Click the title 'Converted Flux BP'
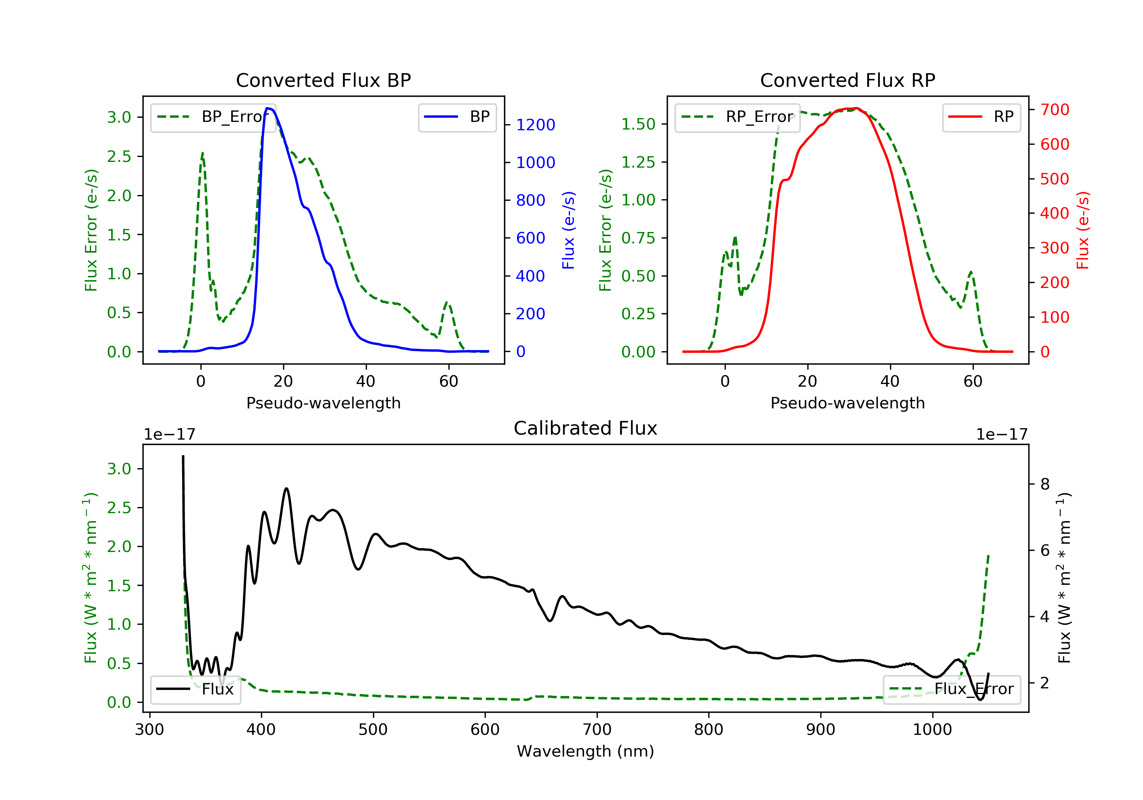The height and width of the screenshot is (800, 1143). pyautogui.click(x=323, y=80)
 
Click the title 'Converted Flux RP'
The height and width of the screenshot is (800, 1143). pyautogui.click(x=847, y=80)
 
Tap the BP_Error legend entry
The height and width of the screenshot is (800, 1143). pyautogui.click(x=213, y=117)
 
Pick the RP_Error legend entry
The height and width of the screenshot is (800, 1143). pyautogui.click(x=737, y=117)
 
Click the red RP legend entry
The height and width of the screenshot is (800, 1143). pyautogui.click(x=981, y=117)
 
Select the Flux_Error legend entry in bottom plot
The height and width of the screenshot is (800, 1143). pyautogui.click(x=951, y=689)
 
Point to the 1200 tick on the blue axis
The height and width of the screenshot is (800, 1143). pyautogui.click(x=535, y=125)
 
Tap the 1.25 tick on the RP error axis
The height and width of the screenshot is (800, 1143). pyautogui.click(x=638, y=162)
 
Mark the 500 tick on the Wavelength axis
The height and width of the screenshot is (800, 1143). pyautogui.click(x=373, y=730)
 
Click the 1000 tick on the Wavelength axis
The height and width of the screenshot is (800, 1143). pyautogui.click(x=932, y=730)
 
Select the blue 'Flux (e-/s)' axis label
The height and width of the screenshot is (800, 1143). pyautogui.click(x=568, y=230)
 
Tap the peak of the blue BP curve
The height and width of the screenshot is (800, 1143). pyautogui.click(x=268, y=108)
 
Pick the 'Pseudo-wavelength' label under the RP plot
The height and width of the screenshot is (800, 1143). pyautogui.click(x=847, y=403)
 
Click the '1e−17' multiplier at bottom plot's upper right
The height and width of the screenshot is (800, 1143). pyautogui.click(x=1001, y=435)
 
